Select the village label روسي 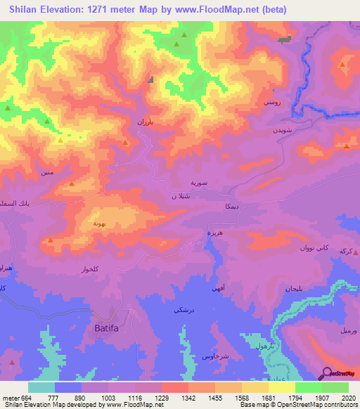pyautogui.click(x=272, y=103)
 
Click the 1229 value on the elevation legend pyautogui.click(x=162, y=397)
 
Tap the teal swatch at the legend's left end pyautogui.click(x=41, y=387)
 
